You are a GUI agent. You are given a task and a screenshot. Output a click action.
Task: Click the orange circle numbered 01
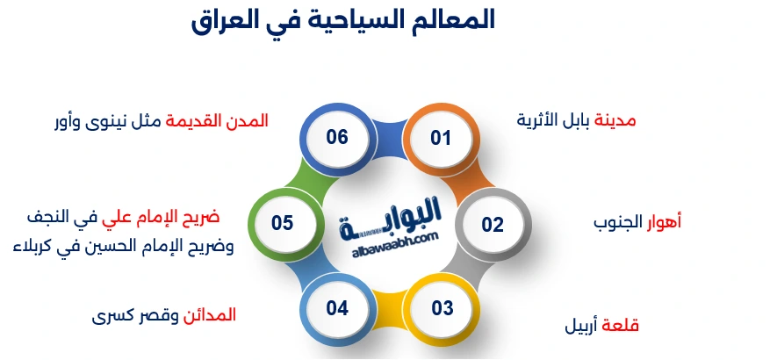(441, 139)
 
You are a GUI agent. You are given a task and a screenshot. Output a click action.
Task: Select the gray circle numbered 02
(493, 225)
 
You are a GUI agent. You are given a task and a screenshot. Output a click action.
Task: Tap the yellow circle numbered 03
(442, 308)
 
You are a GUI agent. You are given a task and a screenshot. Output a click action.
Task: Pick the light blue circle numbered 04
(337, 308)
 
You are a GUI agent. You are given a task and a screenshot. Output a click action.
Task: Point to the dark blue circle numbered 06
(337, 137)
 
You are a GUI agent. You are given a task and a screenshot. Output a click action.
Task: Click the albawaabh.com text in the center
(388, 244)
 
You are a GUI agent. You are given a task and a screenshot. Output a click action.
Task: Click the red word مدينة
(615, 120)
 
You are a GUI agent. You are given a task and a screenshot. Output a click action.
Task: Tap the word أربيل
(582, 326)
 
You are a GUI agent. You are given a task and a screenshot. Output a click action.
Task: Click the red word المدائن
(210, 315)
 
